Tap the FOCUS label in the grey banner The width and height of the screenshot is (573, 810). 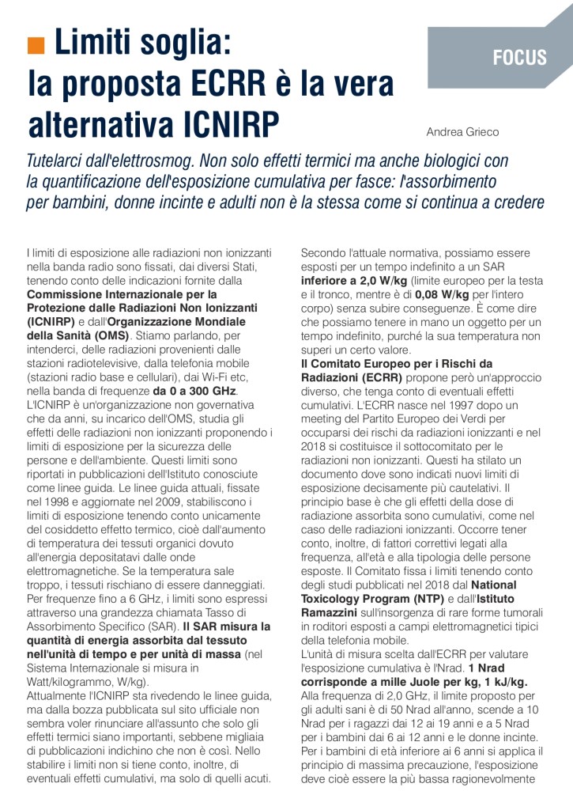tap(519, 57)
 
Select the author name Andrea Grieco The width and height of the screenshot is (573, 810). tap(462, 131)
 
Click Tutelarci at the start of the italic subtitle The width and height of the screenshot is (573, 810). tap(58, 161)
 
